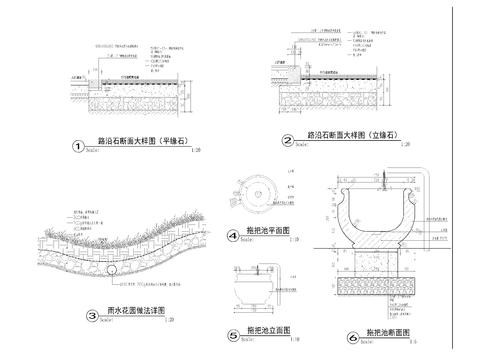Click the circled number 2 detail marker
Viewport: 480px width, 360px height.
pos(287,141)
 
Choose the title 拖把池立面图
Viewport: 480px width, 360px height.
pos(266,331)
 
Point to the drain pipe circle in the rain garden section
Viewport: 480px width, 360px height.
pos(116,268)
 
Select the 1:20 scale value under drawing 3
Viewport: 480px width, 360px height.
pos(169,320)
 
